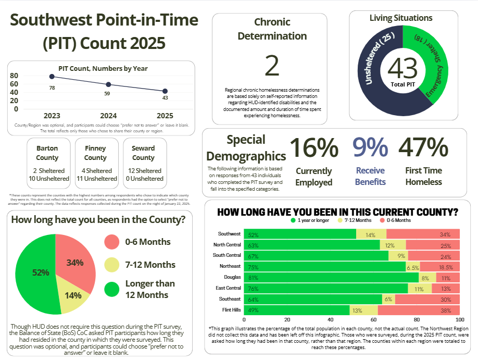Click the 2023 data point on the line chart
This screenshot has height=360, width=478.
[x=52, y=77]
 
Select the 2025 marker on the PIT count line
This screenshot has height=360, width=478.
[x=165, y=91]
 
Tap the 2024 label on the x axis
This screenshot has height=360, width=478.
[x=108, y=116]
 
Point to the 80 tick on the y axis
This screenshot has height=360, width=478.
[x=14, y=76]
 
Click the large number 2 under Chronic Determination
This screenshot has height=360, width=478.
[x=272, y=66]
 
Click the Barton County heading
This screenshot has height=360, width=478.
[x=47, y=153]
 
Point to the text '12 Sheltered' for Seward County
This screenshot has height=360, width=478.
[x=143, y=170]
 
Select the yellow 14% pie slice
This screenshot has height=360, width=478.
[x=73, y=294]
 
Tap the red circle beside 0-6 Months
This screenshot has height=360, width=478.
[x=111, y=242]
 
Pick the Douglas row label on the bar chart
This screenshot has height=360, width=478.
[x=232, y=277]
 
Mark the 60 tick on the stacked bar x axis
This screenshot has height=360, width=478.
[x=373, y=319]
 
